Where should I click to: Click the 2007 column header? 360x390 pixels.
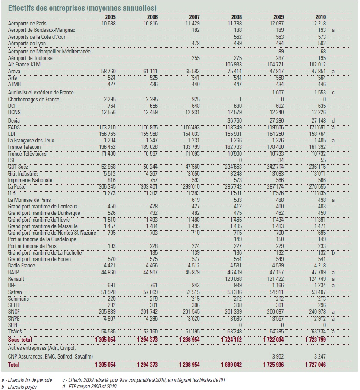click(194, 17)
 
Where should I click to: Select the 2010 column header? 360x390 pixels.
click(321, 17)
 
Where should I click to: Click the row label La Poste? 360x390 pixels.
click(17, 187)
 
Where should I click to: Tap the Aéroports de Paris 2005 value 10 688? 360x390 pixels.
click(108, 24)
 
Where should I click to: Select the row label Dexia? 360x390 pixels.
click(14, 121)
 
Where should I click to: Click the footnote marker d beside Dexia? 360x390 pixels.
click(333, 121)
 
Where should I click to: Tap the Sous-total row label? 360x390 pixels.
click(20, 340)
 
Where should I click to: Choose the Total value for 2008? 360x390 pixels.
click(231, 365)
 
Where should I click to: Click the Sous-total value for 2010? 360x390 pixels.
click(316, 340)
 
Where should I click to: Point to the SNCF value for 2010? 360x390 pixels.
click(317, 312)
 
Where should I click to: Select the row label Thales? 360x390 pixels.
click(15, 332)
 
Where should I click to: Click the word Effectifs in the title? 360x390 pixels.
click(21, 8)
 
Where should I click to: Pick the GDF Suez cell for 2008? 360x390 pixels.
click(233, 167)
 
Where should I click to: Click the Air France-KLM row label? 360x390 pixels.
click(24, 65)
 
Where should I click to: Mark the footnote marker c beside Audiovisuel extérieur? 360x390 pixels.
click(333, 93)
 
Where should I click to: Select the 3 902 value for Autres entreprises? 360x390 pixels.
click(278, 357)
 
